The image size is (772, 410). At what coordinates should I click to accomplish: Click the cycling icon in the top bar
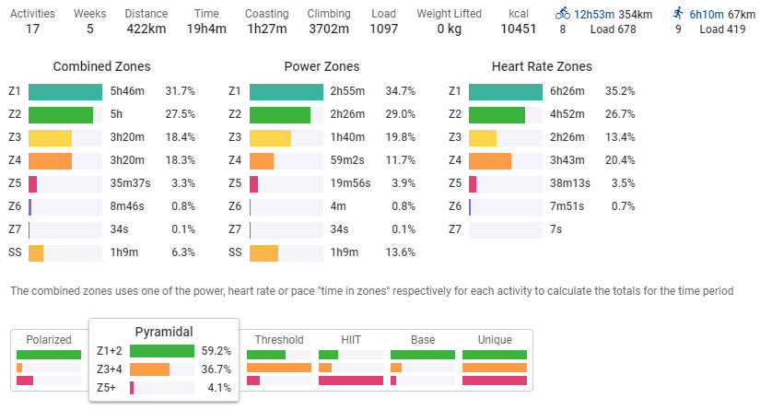(563, 15)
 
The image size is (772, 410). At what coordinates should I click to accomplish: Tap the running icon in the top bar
(678, 15)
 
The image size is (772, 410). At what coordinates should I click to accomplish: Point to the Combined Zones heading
(101, 67)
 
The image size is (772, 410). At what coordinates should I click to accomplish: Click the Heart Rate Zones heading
(542, 67)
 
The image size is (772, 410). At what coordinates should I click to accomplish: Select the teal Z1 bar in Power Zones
(286, 92)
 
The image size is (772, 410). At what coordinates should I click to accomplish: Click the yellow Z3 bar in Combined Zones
(50, 138)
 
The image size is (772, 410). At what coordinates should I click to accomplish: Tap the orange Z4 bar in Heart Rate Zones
(490, 161)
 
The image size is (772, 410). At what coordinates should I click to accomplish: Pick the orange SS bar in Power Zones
(263, 252)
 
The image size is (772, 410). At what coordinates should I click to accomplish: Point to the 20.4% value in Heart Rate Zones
(619, 161)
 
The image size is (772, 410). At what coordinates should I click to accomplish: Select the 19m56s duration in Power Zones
(350, 184)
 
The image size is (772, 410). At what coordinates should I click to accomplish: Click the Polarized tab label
(49, 340)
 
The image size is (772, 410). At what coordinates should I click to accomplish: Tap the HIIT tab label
(350, 340)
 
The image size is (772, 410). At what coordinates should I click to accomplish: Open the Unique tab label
(495, 340)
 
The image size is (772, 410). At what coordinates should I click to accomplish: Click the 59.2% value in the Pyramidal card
(216, 351)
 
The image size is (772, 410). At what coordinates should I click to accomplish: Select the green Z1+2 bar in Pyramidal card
(161, 351)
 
